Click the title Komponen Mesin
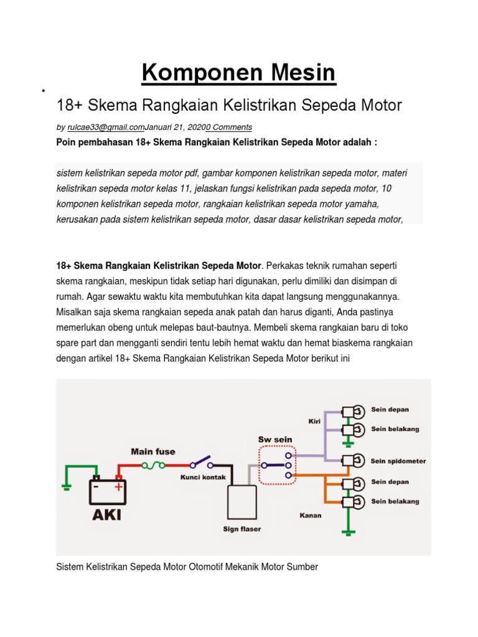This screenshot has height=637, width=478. point(238,73)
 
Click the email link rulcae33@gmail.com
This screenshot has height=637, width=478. point(106,127)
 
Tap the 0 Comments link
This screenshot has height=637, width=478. point(229,127)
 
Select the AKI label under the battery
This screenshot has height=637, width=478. point(107,515)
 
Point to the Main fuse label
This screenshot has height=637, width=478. point(153,452)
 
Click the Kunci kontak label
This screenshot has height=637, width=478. point(203,477)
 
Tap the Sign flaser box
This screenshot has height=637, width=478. point(242,502)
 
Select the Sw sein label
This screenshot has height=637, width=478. point(275,440)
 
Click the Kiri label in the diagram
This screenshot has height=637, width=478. point(314,421)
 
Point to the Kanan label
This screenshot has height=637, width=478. point(311,515)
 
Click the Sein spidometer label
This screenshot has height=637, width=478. point(398,461)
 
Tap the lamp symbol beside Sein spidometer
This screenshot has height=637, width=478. point(353,461)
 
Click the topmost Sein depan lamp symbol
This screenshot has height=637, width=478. point(353,412)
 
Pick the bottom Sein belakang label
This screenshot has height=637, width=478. point(395,501)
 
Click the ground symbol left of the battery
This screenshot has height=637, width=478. point(66,486)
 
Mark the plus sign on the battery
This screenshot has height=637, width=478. point(118,486)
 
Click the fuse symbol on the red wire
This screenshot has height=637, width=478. point(153,465)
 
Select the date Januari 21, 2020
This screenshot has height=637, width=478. point(175,127)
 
